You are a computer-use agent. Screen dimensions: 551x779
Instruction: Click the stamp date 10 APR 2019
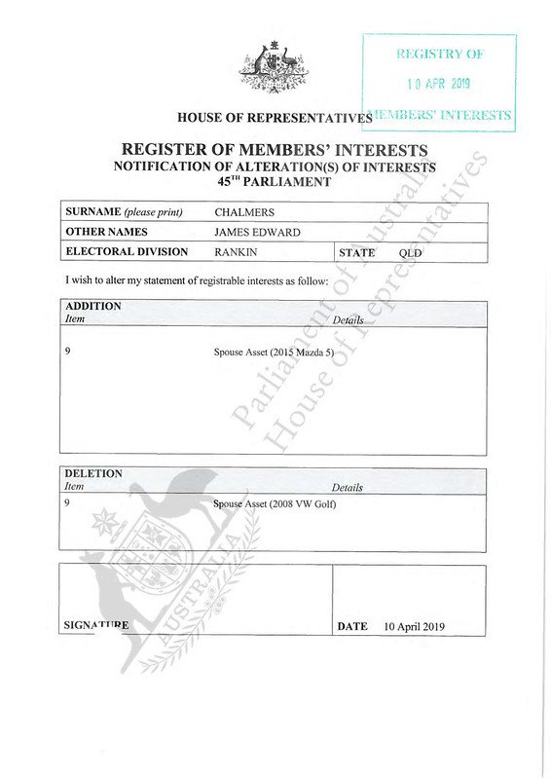[439, 85]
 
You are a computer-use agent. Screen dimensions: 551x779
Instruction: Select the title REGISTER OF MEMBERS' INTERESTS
[274, 150]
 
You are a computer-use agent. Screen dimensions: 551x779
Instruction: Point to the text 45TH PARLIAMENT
[274, 181]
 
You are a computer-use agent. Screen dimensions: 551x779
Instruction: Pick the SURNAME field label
[124, 211]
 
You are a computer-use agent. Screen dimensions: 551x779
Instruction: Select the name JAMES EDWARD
[258, 232]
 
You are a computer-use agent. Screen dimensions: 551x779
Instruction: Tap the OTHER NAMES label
[106, 232]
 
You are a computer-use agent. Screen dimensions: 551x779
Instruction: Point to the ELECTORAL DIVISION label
[127, 252]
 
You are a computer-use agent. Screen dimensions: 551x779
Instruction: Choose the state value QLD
[411, 253]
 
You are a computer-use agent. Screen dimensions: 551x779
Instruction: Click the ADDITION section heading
[92, 306]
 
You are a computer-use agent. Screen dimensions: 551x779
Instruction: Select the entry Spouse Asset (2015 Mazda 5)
[275, 352]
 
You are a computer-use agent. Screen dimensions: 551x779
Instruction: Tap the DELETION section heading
[92, 474]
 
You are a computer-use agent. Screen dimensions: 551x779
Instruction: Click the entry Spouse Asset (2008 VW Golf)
[274, 503]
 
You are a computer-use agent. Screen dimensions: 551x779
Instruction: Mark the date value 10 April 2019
[414, 626]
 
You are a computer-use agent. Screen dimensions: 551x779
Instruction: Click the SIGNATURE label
[95, 625]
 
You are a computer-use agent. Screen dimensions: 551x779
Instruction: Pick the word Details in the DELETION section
[347, 487]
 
